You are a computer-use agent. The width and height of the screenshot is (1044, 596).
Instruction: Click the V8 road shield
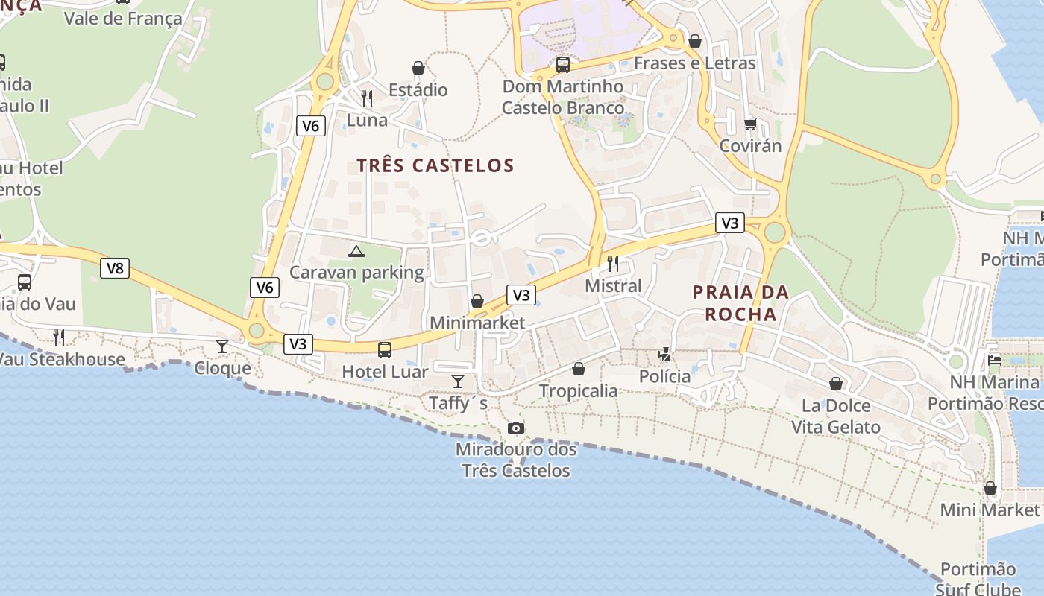[x=115, y=268]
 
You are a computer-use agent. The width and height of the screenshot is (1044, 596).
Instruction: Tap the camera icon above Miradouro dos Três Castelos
[x=515, y=428]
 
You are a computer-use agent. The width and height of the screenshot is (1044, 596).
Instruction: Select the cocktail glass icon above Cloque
[x=222, y=346]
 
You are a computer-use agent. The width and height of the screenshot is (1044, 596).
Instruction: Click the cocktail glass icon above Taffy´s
[x=458, y=381]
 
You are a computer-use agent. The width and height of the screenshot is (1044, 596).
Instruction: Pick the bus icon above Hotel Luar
[x=385, y=349]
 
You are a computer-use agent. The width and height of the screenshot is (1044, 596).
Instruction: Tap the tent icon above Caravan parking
[x=356, y=251]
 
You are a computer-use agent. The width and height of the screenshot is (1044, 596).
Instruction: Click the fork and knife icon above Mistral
[x=612, y=263]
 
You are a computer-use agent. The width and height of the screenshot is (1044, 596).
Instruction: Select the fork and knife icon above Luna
[x=366, y=98]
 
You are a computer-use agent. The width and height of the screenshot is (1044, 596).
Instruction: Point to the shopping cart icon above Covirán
[x=750, y=124]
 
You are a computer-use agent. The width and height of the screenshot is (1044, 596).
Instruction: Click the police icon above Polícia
[x=664, y=355]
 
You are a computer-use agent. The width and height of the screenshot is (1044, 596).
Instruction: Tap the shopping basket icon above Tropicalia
[x=579, y=369]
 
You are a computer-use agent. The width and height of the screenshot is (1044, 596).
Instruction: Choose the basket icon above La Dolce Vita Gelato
[x=836, y=384]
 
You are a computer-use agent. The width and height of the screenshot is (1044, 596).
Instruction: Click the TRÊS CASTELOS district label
[x=435, y=165]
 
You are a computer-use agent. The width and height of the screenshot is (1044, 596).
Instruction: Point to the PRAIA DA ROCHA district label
[x=740, y=303]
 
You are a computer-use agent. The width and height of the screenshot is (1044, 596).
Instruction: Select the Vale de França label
[x=123, y=19]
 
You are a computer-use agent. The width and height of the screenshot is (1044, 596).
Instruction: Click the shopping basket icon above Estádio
[x=418, y=68]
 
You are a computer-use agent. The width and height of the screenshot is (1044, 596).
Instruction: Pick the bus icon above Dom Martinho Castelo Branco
[x=562, y=65]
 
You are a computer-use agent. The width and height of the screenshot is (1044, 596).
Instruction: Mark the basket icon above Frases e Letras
[x=695, y=41]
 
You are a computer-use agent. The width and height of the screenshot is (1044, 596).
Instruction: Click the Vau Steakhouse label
[x=63, y=359]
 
